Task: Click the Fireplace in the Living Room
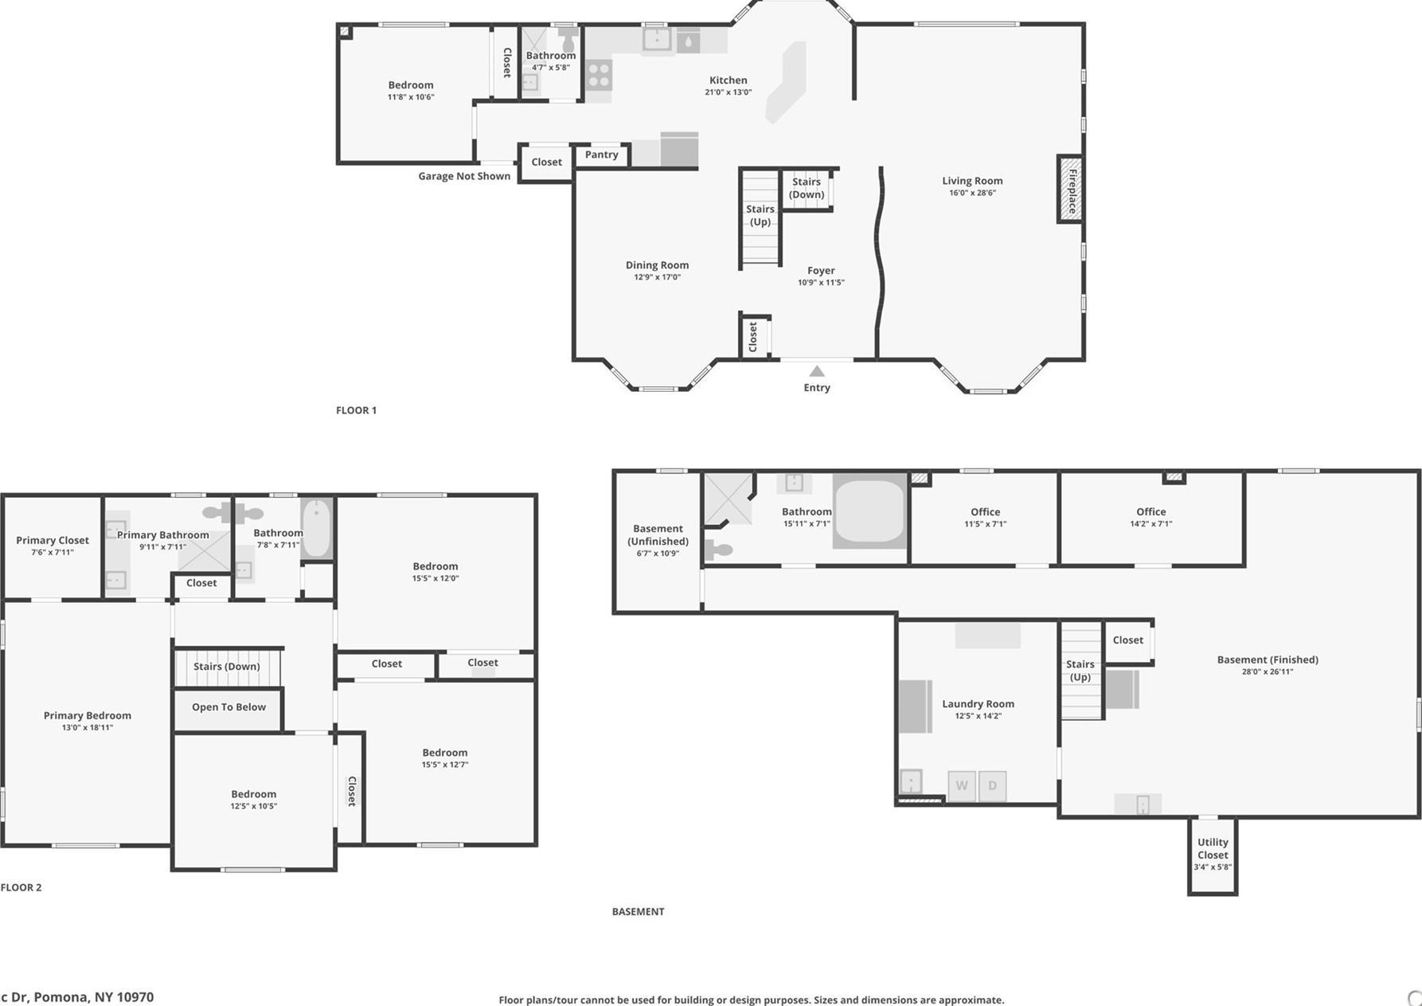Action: pos(1071,190)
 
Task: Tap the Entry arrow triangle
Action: pos(817,371)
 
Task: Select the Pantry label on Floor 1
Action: pos(601,155)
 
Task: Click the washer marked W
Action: pos(962,785)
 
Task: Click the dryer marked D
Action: pos(992,785)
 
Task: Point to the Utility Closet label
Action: pos(1213,848)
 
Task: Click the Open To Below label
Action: pos(229,707)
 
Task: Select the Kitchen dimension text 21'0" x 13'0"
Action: pos(728,92)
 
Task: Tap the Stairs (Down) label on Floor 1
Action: pos(806,188)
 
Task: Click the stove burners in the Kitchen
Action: pos(599,76)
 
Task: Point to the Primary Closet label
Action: pos(53,540)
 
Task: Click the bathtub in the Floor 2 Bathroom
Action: pos(316,528)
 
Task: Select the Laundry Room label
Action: pos(978,703)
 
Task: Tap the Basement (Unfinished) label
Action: pos(658,534)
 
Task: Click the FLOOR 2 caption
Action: pos(21,887)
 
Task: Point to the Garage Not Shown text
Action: pos(464,176)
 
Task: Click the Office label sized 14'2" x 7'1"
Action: pos(1150,512)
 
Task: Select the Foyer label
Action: pos(821,271)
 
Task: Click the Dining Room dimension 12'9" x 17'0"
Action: pos(657,277)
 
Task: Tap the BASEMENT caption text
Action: pos(638,911)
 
